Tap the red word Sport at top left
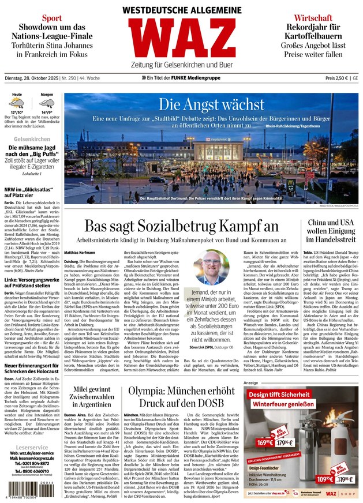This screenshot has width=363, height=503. coord(51,18)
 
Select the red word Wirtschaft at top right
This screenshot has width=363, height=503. coord(313,18)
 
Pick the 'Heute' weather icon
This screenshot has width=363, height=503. coord(17,104)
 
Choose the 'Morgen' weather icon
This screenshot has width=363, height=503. coord(47,104)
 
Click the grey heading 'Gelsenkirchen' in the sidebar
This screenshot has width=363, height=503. coord(32,140)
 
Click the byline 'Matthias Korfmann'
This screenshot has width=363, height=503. coord(80,252)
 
